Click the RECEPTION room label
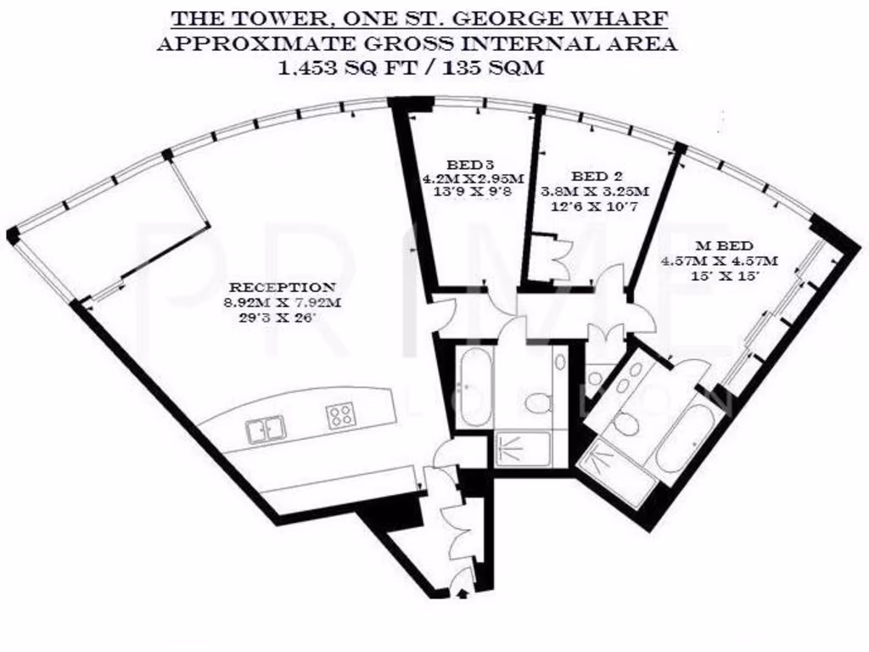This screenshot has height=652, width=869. coord(283,288)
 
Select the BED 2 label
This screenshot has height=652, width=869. coord(597,177)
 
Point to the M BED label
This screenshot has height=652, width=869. coord(720,246)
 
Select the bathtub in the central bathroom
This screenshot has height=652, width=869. coord(474,387)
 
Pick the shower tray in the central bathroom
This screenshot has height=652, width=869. coord(522,449)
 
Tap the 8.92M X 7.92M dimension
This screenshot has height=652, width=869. coord(283,303)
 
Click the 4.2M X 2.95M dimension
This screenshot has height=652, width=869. coord(473,178)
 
